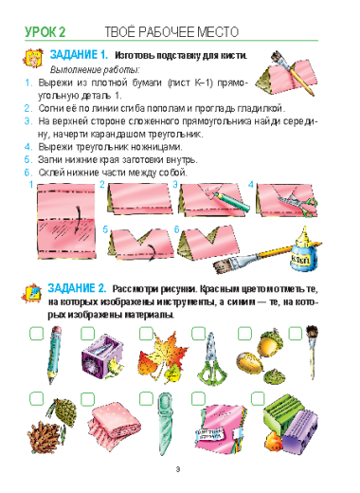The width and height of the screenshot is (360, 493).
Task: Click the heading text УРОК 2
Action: [x=45, y=32]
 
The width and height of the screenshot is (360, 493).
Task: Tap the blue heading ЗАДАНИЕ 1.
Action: [x=79, y=55]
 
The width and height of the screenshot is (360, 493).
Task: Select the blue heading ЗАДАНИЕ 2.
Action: [x=78, y=288]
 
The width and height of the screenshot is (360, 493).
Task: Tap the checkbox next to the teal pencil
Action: [x=37, y=334]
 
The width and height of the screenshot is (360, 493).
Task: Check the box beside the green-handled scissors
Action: [x=199, y=334]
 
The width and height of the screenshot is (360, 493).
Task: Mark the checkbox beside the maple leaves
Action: [x=146, y=334]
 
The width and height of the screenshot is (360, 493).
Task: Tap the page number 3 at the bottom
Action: [x=178, y=469]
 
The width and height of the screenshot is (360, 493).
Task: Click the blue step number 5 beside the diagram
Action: [x=106, y=229]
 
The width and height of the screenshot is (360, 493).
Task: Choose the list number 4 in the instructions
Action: [x=28, y=147]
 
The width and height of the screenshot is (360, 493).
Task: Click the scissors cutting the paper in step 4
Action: [x=297, y=203]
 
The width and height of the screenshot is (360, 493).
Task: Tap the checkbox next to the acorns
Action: [x=244, y=334]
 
